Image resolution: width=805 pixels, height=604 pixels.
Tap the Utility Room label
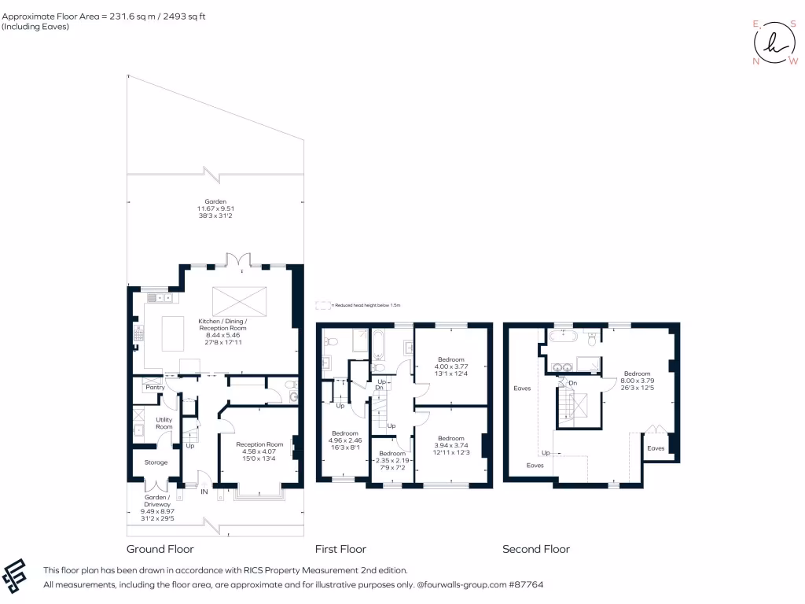pyautogui.click(x=164, y=423)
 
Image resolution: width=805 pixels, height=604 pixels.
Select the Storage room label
pyautogui.click(x=156, y=462)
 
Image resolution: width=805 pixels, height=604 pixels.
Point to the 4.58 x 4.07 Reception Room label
pyautogui.click(x=259, y=450)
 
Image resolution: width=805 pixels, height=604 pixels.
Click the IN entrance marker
pyautogui.click(x=204, y=492)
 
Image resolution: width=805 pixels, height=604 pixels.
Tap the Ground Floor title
pyautogui.click(x=160, y=549)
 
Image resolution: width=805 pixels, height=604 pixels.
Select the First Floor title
pyautogui.click(x=340, y=549)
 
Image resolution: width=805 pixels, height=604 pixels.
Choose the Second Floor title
pyautogui.click(x=536, y=549)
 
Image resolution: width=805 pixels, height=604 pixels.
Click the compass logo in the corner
pyautogui.click(x=773, y=42)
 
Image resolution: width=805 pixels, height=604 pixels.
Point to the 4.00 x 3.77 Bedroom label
pyautogui.click(x=451, y=365)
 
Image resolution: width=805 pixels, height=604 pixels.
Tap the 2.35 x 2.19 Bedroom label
pyautogui.click(x=392, y=459)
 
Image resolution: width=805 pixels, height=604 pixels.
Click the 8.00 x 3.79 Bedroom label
pyautogui.click(x=637, y=379)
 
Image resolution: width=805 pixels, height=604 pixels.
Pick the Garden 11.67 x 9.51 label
pyautogui.click(x=211, y=208)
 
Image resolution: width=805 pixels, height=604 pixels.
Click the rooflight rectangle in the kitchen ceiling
pyautogui.click(x=240, y=300)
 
